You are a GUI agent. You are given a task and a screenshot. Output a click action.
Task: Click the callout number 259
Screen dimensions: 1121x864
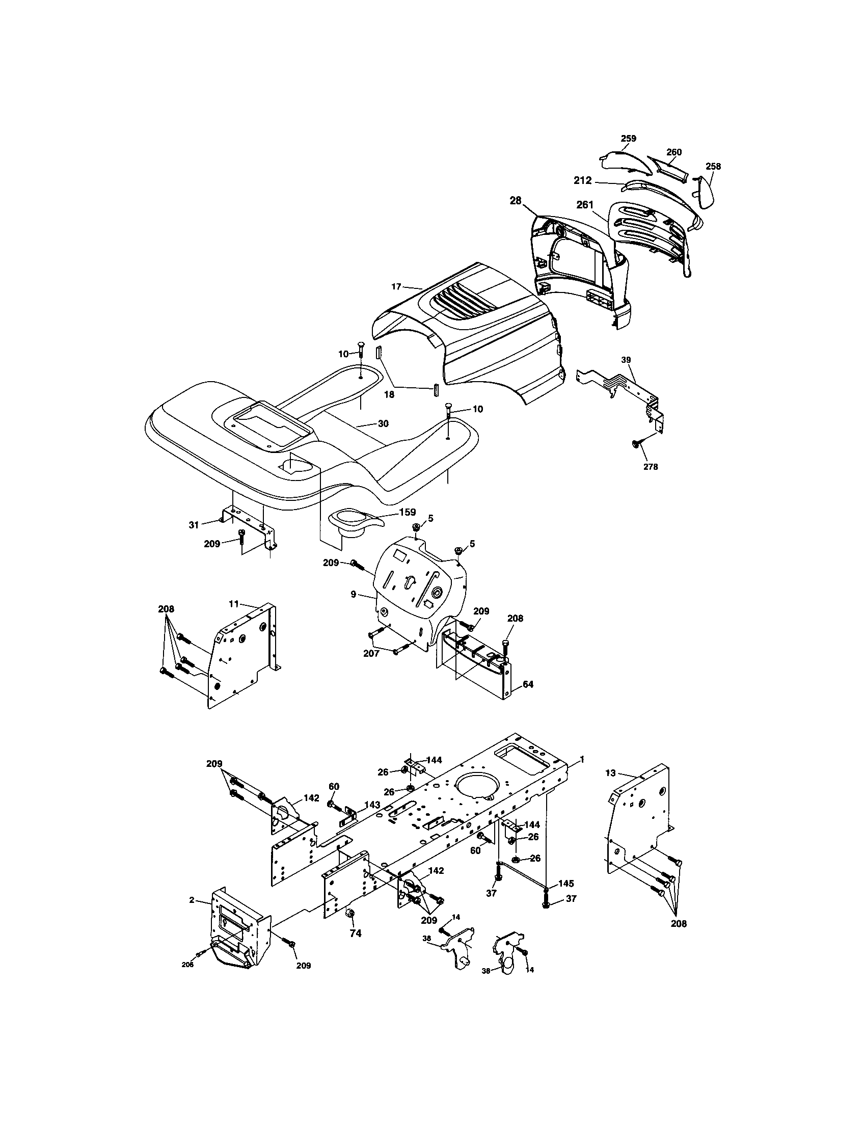(x=628, y=138)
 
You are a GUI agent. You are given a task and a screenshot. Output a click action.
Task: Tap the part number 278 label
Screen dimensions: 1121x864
(x=650, y=467)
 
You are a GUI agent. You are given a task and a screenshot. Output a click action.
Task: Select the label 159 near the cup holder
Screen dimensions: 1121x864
(x=408, y=512)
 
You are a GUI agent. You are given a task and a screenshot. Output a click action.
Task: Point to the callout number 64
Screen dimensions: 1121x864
(x=528, y=684)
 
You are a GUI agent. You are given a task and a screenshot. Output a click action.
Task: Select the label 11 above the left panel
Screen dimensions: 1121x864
(x=234, y=604)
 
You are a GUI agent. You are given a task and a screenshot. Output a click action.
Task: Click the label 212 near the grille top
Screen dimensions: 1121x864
(x=583, y=181)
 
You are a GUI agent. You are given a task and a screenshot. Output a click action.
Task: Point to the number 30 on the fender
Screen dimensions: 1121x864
(x=383, y=423)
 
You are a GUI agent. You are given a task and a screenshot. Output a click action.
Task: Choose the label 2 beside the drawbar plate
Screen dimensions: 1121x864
(x=192, y=900)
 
